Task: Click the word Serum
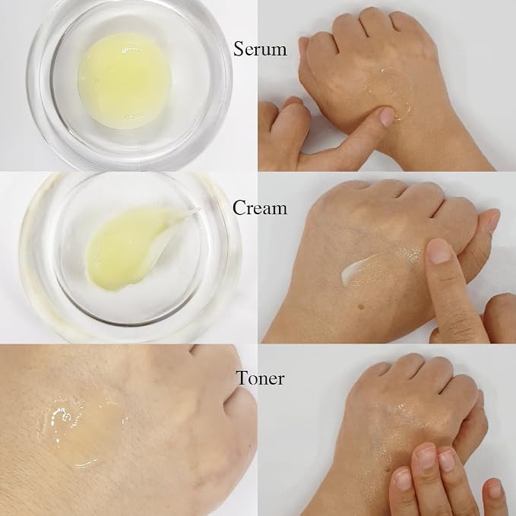pos(260,49)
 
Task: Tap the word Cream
pos(260,207)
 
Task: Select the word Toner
pos(260,378)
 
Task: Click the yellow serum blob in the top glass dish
pos(124,81)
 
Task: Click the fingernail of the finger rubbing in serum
pos(387,117)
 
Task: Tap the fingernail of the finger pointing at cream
pos(440,251)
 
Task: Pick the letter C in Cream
pos(239,207)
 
